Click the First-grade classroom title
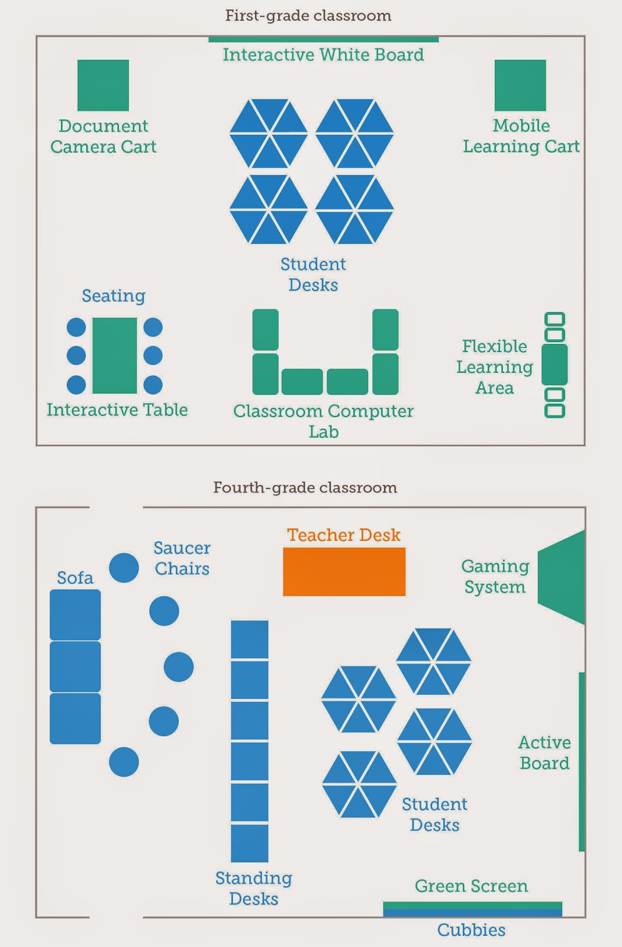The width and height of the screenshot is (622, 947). (308, 15)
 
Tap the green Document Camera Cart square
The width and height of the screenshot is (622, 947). (103, 85)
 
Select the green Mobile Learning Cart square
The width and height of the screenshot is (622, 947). (520, 85)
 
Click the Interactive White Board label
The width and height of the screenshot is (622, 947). (323, 55)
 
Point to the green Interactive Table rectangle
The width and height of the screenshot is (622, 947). (115, 356)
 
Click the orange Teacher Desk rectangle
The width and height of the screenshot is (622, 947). (344, 572)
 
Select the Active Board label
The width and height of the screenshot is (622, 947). (544, 753)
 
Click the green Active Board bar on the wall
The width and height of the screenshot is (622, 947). (582, 762)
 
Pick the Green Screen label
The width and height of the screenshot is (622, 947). (471, 886)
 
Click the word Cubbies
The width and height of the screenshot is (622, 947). (471, 930)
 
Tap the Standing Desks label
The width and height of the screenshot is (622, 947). (253, 888)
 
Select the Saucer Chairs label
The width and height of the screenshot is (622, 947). (182, 558)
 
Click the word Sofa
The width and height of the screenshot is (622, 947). (75, 578)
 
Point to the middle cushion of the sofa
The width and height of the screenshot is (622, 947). (75, 667)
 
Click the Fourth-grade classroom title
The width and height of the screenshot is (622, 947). (305, 488)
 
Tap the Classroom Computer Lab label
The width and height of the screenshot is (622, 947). (323, 421)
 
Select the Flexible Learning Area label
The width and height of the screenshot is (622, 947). (495, 367)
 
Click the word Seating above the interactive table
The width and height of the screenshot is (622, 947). (114, 295)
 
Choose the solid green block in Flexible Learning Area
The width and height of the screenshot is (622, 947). (555, 365)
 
